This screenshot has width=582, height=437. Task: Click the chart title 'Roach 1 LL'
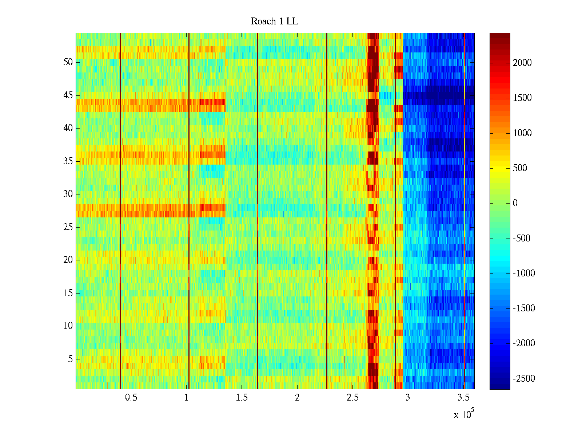[274, 21]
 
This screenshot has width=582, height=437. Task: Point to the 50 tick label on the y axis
[68, 62]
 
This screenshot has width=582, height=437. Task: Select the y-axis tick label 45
[68, 95]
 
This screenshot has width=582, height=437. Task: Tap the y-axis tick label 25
[68, 227]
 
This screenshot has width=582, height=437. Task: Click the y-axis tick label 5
[70, 359]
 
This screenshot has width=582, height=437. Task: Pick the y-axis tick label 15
[68, 293]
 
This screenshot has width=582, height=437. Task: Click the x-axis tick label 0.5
[131, 398]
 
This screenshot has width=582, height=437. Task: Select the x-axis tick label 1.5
[242, 398]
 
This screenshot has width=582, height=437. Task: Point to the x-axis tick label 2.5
[352, 398]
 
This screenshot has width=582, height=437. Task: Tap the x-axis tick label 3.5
[463, 398]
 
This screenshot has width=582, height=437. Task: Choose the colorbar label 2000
[522, 63]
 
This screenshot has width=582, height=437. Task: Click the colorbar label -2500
[523, 379]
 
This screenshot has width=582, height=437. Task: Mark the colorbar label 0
[515, 203]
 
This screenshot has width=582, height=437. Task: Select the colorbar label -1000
[523, 273]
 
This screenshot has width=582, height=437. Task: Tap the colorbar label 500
[520, 168]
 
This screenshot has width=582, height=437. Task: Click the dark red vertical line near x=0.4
[120, 211]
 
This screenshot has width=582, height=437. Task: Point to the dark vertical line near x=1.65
[258, 211]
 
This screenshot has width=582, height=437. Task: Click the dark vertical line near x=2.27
[327, 211]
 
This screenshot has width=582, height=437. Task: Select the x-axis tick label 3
[408, 398]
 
